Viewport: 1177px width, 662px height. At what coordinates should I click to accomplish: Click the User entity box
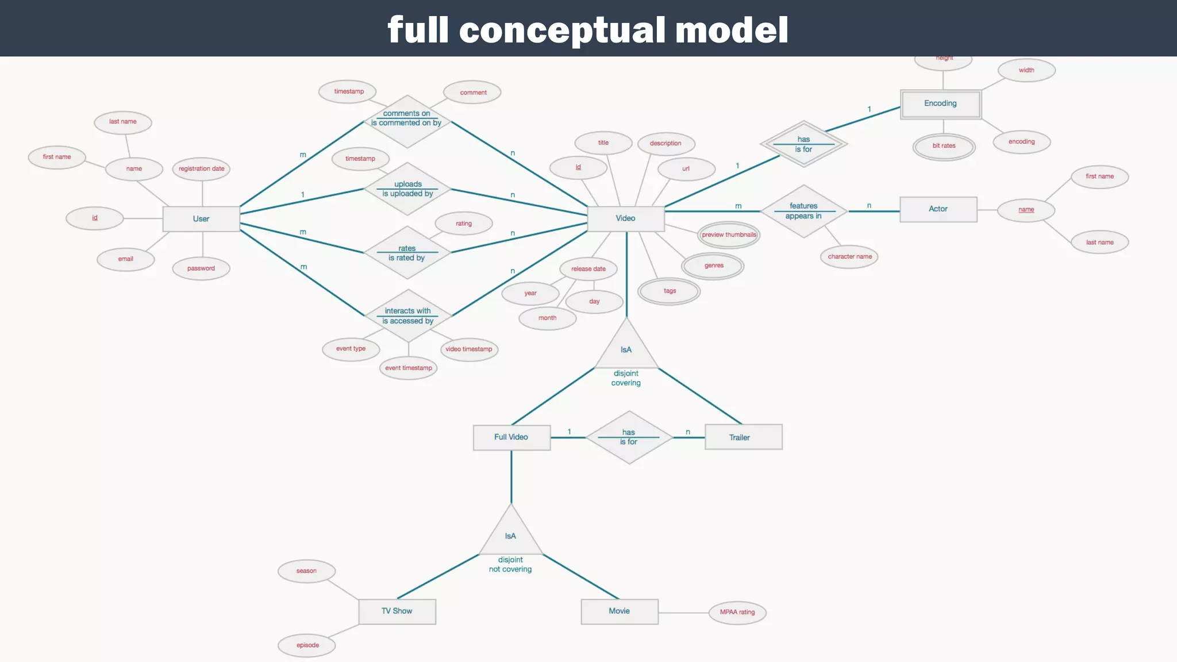coord(201,219)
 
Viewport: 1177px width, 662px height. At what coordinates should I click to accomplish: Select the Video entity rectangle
coord(626,218)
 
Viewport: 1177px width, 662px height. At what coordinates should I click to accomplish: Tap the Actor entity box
coord(938,209)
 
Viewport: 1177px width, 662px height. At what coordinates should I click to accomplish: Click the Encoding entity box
coord(940,103)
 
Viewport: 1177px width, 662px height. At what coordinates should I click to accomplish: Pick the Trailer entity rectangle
coord(743,437)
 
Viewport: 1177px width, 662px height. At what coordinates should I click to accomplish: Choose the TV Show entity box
coord(397,611)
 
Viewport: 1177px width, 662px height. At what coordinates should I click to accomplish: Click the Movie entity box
coord(620,611)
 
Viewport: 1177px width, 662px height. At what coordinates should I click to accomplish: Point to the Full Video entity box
coord(511,437)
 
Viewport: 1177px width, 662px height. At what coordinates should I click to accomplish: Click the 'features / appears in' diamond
coord(803,211)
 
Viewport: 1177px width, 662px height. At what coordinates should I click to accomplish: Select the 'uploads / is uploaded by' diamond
coord(407,189)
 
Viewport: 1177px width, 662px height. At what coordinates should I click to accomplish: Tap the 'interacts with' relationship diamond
coord(408,315)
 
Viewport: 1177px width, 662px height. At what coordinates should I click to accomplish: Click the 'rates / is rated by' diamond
coord(407,253)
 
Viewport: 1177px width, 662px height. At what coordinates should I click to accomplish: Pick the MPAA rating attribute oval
coord(737,613)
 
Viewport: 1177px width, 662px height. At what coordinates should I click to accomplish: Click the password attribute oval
coord(201,268)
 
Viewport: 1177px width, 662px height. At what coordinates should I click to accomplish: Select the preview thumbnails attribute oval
coord(729,234)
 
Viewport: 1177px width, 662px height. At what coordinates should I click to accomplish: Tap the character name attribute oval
coord(849,257)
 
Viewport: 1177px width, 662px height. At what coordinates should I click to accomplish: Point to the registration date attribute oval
coord(202,169)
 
